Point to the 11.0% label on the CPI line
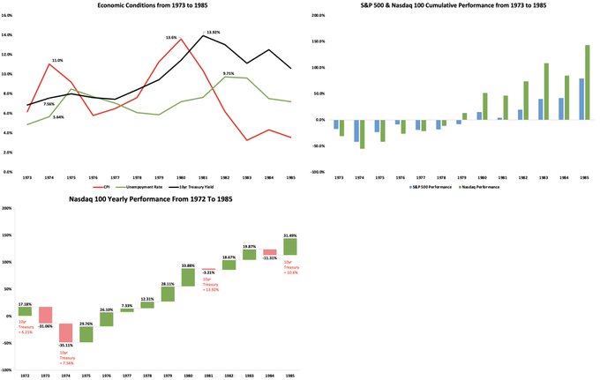point(57,60)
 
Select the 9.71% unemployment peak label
point(229,73)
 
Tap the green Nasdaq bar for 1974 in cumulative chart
point(363,134)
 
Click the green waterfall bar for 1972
point(25,311)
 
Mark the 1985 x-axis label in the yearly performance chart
point(289,376)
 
